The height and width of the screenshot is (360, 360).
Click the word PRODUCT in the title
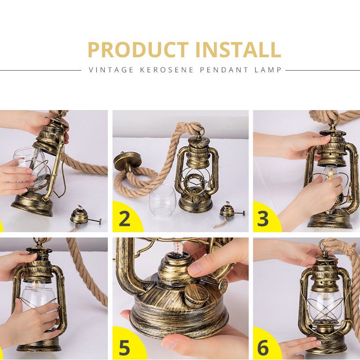(x=138, y=50)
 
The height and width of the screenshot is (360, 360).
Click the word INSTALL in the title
(x=238, y=50)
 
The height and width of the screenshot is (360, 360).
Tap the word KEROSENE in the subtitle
(x=167, y=70)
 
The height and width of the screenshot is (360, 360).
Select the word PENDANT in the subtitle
(x=224, y=70)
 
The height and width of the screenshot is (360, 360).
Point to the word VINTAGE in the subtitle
(x=111, y=70)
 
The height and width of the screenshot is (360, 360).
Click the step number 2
(x=125, y=219)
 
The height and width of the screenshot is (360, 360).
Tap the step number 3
(x=263, y=219)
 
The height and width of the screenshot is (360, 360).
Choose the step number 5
(x=125, y=348)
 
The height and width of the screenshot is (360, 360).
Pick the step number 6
(x=263, y=348)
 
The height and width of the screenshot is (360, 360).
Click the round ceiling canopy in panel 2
(x=127, y=161)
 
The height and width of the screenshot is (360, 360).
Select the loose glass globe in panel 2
(x=162, y=201)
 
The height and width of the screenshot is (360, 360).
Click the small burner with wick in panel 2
(x=229, y=212)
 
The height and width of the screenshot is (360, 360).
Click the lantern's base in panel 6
(x=329, y=343)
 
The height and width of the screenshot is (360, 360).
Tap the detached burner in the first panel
(x=85, y=218)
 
